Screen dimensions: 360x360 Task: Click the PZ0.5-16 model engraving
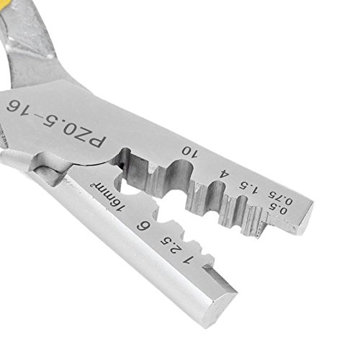coord(56,123)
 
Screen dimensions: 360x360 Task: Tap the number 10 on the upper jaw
coord(190,152)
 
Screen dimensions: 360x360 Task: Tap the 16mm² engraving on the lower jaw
coord(106,197)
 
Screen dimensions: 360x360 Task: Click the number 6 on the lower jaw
coord(143,226)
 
